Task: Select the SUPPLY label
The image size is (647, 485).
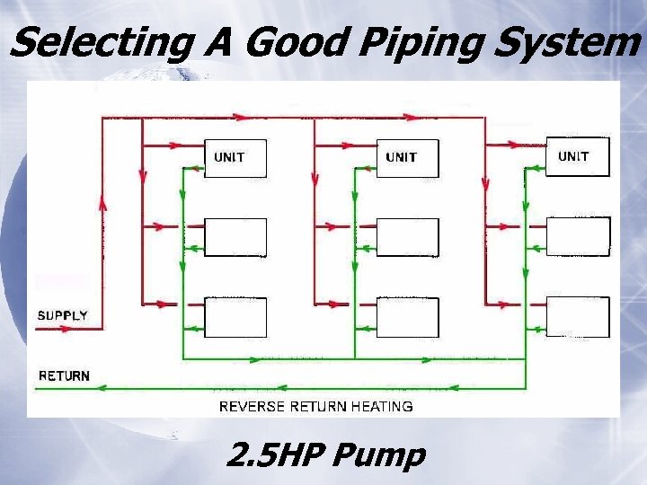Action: [62, 315]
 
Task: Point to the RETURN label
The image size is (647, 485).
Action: [64, 375]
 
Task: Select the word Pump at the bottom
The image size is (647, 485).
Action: [377, 455]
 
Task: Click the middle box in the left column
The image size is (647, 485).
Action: [235, 237]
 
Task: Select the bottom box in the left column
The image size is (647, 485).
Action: [235, 316]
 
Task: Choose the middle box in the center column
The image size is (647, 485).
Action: [407, 237]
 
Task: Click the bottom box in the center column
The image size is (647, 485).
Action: [407, 316]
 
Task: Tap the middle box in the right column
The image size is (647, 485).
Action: [578, 236]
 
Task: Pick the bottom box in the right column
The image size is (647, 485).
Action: [578, 316]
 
